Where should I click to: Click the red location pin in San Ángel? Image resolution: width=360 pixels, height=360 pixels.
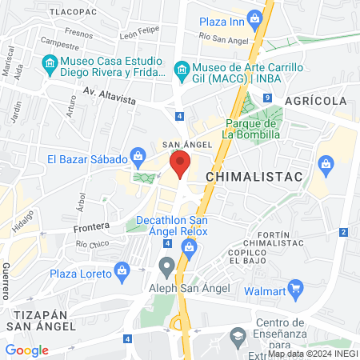(x=179, y=166)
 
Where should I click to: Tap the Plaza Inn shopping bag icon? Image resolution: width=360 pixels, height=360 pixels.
(x=254, y=18)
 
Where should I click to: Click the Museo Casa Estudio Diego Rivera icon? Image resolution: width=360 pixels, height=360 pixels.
(x=50, y=62)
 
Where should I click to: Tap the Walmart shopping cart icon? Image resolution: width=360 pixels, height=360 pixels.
(x=295, y=286)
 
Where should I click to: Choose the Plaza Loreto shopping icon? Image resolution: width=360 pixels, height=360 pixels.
(x=122, y=269)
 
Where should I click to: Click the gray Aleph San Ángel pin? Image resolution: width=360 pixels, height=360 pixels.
(x=166, y=265)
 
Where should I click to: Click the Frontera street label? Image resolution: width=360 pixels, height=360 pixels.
(x=90, y=227)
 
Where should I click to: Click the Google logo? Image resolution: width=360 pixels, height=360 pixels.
(x=27, y=350)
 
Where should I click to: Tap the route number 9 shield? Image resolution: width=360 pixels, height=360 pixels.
(x=265, y=98)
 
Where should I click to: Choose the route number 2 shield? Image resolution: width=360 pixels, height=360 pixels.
(x=342, y=232)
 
